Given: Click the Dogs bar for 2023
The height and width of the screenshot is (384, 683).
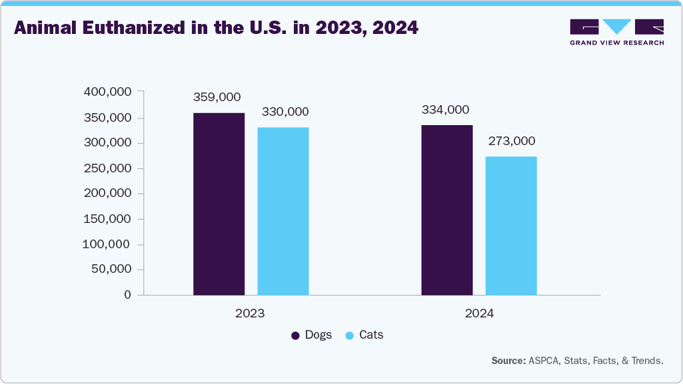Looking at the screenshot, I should [x=219, y=204].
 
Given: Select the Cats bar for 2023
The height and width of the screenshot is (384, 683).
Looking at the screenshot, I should [x=283, y=211].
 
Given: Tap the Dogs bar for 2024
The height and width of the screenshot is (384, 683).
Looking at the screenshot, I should [x=447, y=210].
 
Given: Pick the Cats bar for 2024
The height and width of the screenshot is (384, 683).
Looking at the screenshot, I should [x=511, y=226].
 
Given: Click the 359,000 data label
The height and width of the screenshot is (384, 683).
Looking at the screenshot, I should [x=217, y=97].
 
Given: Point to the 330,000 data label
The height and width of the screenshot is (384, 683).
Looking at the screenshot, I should [x=285, y=112].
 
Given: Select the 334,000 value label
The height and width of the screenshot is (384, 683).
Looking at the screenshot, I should [x=445, y=110].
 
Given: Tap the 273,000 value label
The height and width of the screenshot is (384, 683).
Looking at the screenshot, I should [x=511, y=141].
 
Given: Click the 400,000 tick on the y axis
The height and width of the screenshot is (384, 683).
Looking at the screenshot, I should [x=107, y=92].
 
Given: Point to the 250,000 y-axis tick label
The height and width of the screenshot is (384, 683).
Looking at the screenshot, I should [x=107, y=168].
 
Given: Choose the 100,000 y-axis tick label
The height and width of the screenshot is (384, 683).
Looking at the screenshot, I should [x=107, y=244].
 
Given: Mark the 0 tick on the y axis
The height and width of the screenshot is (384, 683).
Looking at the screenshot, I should [x=127, y=295].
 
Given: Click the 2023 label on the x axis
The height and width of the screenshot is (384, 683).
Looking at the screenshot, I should [x=250, y=313].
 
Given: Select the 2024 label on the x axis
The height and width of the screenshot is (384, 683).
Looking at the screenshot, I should [x=478, y=313].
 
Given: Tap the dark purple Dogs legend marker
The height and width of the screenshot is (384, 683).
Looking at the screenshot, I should [x=295, y=335].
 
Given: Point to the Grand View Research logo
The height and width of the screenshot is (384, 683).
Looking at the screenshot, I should [x=616, y=32].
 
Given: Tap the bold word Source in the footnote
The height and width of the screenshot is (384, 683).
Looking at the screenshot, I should [x=508, y=361].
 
